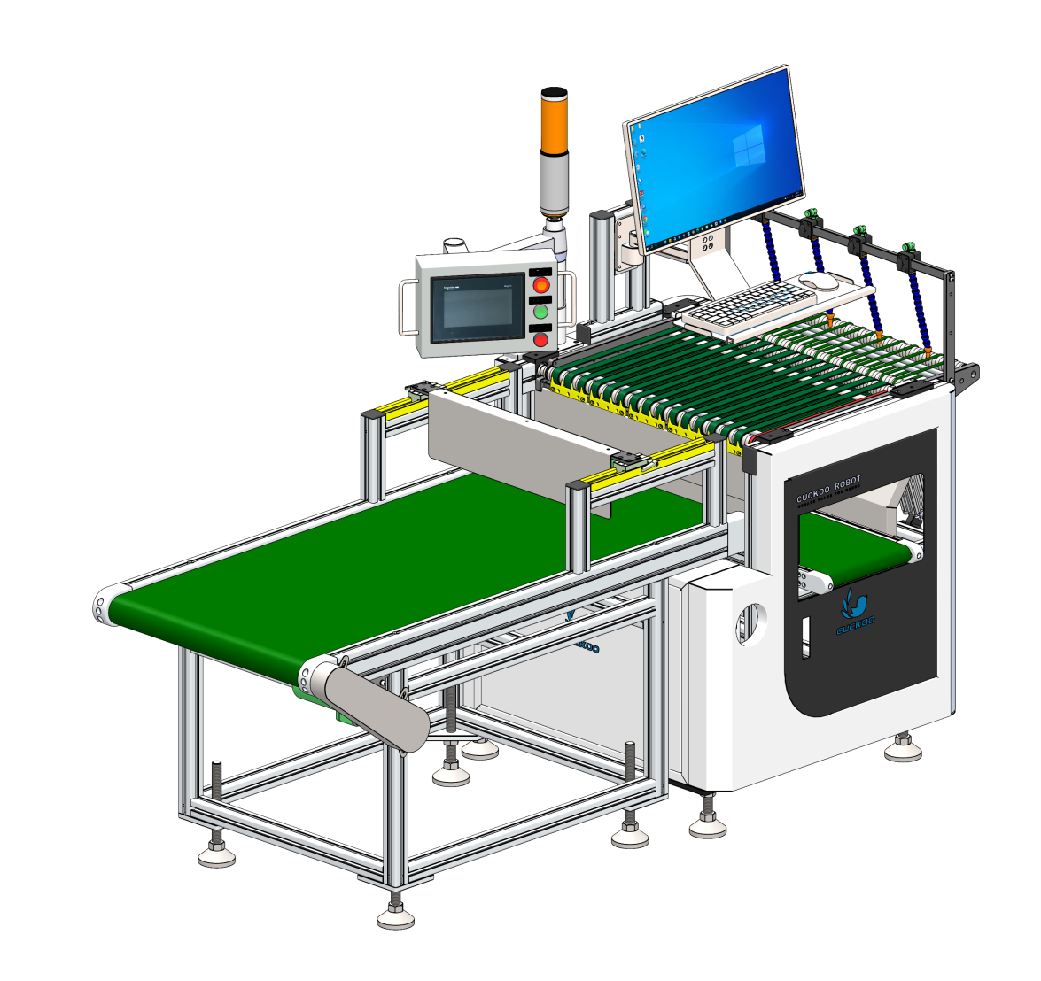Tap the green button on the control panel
(540, 312)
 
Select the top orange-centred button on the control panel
(540, 284)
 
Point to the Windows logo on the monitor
(750, 147)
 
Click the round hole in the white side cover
(752, 623)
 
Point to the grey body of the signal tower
(555, 182)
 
